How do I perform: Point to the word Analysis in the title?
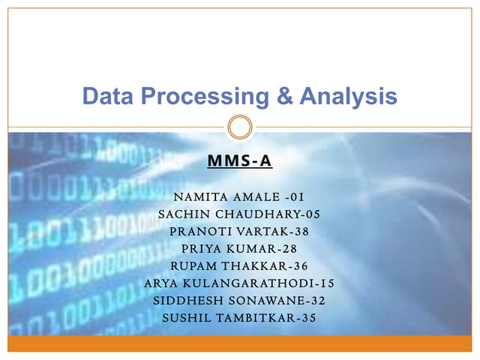pos(347,97)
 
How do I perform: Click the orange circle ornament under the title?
pos(239,126)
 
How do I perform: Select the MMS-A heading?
pos(239,160)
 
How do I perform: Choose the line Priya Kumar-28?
pos(239,249)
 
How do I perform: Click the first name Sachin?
pos(181,214)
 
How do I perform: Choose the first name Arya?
pos(162,283)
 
